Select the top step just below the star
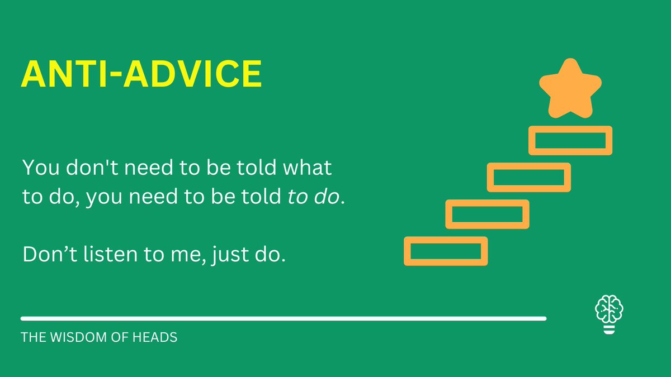tap(570, 140)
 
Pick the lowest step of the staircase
tap(446, 251)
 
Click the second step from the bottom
tap(487, 214)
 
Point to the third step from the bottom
tap(529, 177)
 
